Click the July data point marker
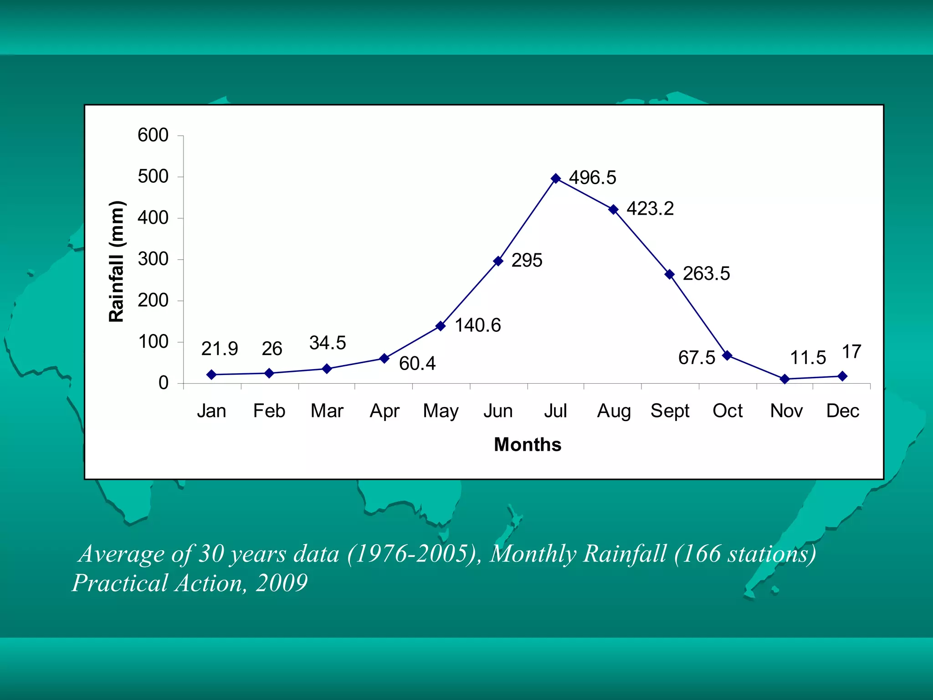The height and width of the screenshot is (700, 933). point(555,178)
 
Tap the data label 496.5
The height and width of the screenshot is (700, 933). point(592,178)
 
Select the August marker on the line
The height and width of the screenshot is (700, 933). point(613,209)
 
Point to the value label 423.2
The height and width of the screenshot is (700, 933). point(650,209)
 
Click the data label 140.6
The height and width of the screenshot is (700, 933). point(477,325)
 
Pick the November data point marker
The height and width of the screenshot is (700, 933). point(784,379)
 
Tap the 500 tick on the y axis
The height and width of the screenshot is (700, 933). point(153,176)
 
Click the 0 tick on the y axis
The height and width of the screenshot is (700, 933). point(163,383)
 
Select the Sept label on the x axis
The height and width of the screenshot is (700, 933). point(670,411)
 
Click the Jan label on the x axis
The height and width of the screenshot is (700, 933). point(211,411)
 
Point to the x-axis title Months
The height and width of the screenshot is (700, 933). point(528,444)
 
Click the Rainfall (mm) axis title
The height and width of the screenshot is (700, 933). point(117,262)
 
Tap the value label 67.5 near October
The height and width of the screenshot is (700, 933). point(697,358)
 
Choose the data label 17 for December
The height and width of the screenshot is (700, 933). point(851,352)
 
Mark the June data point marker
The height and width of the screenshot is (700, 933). point(498,261)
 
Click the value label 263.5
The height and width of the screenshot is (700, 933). point(706,274)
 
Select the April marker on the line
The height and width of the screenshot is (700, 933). point(384,358)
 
